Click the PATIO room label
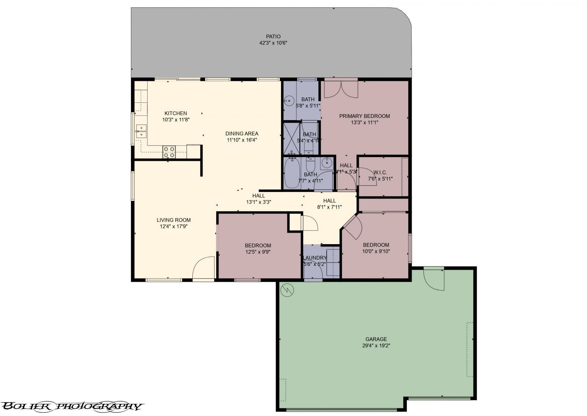point(273,36)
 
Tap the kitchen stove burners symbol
point(169,152)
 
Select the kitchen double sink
point(141,131)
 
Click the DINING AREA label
point(242,134)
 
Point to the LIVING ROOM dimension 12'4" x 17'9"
point(174,227)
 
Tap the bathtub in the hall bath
point(292,173)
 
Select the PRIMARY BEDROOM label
point(364,116)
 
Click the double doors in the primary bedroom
point(341,89)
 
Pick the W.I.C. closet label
point(380,173)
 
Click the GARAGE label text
point(376,339)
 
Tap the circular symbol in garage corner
point(287,290)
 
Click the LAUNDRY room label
point(315,258)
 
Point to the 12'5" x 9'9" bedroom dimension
point(258,252)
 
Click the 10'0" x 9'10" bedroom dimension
point(376,252)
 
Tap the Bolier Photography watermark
point(72,406)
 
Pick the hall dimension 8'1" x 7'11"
point(329,207)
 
